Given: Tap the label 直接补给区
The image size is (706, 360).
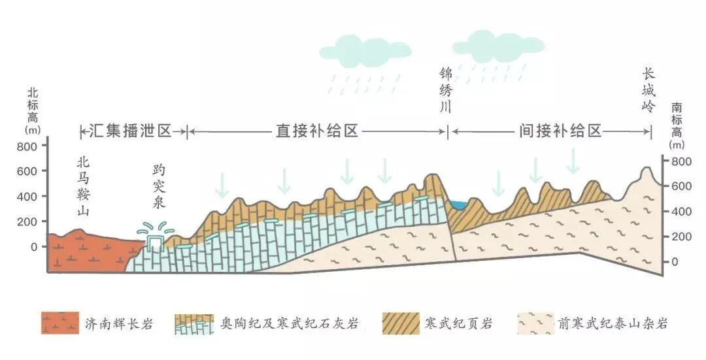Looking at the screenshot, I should click(317, 131).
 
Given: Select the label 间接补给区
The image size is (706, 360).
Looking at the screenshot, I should click(560, 131).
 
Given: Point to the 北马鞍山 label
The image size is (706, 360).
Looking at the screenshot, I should click(82, 186).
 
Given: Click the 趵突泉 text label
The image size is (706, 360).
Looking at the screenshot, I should click(158, 186).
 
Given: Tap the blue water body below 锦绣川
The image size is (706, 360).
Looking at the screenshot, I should click(458, 205).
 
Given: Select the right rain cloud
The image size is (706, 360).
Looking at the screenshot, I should click(489, 47).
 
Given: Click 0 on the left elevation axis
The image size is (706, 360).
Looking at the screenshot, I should click(34, 247).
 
